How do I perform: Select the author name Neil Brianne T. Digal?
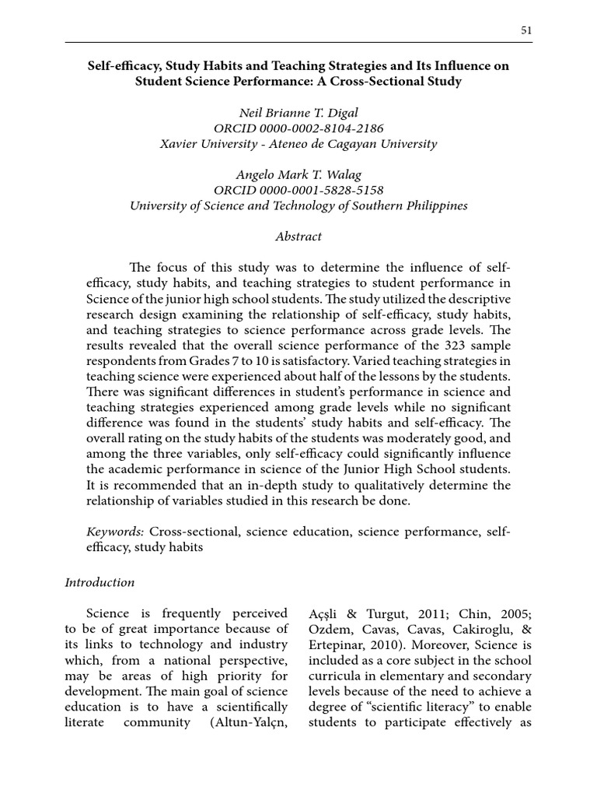(x=298, y=112)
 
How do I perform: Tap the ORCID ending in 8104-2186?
(x=298, y=128)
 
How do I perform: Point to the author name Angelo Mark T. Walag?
(x=298, y=174)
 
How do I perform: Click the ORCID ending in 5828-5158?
(x=298, y=190)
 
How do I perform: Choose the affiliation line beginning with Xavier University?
(x=298, y=143)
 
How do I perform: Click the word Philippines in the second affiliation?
(x=435, y=205)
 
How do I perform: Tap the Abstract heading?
(x=298, y=237)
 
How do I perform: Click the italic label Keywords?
(x=115, y=531)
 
